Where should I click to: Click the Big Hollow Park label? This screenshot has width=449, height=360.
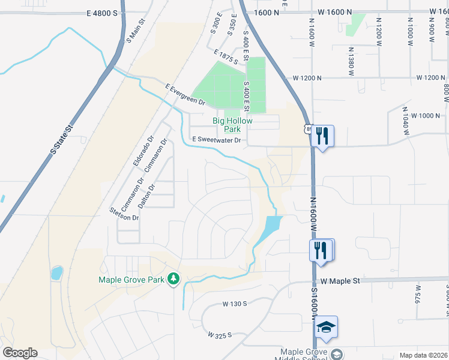(228, 125)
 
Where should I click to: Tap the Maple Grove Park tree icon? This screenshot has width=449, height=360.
(173, 278)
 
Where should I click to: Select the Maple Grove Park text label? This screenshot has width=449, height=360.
(132, 279)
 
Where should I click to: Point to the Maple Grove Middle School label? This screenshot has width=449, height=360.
(304, 355)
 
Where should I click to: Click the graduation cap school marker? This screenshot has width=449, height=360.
(327, 327)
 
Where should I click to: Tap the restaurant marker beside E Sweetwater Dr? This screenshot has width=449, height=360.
(322, 136)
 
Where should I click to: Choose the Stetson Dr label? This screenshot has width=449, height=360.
(124, 214)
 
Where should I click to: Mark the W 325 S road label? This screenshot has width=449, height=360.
(220, 335)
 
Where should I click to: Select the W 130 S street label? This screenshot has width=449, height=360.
(235, 304)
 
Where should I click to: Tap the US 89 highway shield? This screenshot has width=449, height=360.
(309, 129)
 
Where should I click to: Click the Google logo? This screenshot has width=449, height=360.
(20, 353)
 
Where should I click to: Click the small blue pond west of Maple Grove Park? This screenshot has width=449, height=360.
(56, 274)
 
